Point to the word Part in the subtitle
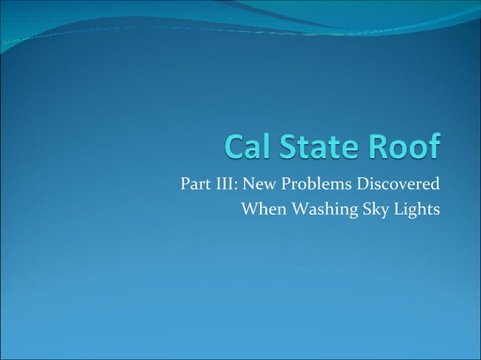click(195, 185)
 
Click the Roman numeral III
click(223, 185)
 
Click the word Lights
click(415, 210)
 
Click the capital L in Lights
click(394, 209)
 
